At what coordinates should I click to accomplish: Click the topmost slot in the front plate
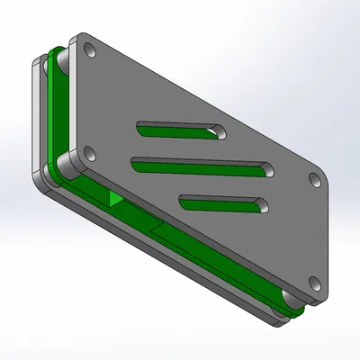(180, 130)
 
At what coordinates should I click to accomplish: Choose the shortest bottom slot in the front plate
(223, 202)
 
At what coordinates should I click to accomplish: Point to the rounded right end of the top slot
(219, 133)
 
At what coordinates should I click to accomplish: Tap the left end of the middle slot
(137, 163)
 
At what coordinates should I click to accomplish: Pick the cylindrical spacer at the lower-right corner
(289, 302)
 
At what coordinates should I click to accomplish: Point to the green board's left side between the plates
(58, 117)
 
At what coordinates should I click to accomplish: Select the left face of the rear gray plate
(36, 117)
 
